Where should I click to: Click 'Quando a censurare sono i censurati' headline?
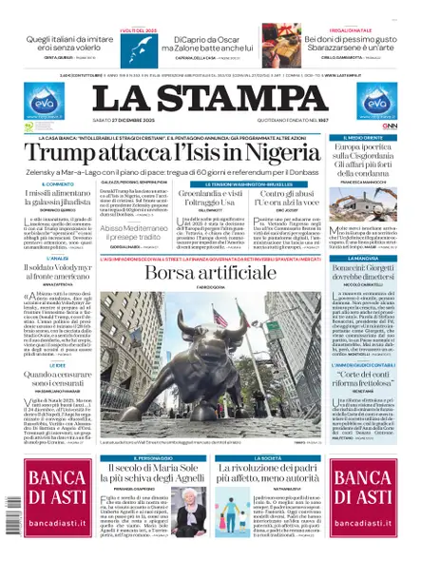pos(47,377)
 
